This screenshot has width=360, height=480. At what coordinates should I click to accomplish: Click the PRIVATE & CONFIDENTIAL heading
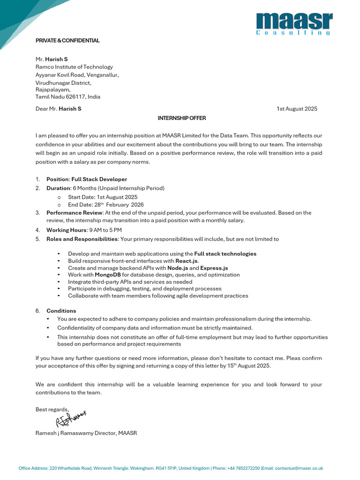click(x=67, y=41)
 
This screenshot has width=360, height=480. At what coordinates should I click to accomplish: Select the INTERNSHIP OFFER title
click(x=182, y=118)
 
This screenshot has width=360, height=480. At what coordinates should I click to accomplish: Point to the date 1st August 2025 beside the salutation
click(x=297, y=109)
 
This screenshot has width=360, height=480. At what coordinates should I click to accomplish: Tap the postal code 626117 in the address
click(x=76, y=97)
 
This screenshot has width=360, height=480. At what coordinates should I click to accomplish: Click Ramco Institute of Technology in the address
click(x=74, y=67)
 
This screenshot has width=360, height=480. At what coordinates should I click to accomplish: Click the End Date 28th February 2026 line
click(x=106, y=205)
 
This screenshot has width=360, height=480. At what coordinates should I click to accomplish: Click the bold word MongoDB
click(x=108, y=275)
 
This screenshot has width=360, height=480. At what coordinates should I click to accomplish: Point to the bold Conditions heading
click(x=61, y=311)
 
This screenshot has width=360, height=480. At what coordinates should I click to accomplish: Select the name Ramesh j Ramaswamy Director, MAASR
click(x=86, y=434)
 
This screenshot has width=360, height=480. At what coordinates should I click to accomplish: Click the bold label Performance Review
click(x=74, y=213)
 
